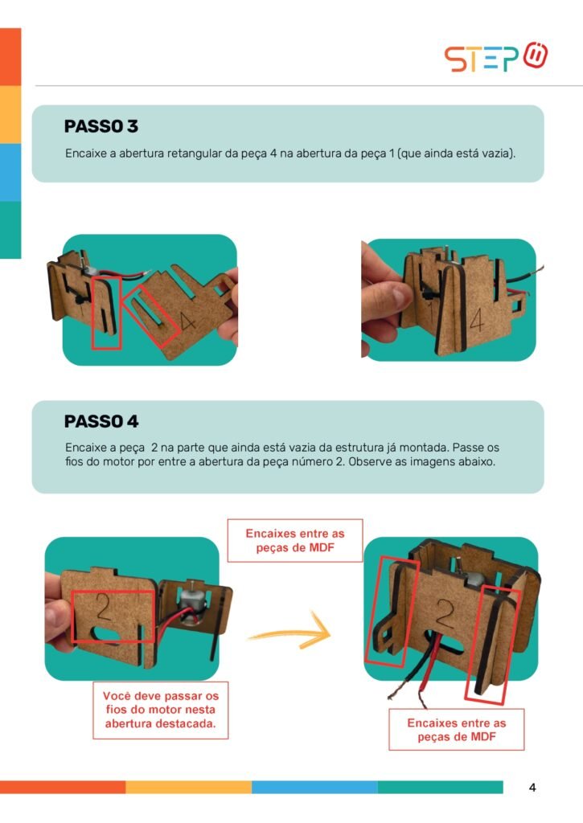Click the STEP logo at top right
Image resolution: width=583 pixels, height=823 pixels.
[x=496, y=57]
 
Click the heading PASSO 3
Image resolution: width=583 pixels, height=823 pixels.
[x=101, y=126]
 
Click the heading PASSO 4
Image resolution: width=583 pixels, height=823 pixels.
[x=101, y=421]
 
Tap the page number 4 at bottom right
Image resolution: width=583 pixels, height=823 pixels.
[x=532, y=788]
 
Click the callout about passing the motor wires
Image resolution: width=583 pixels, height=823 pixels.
[x=161, y=710]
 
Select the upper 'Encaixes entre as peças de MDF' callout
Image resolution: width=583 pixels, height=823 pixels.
[x=294, y=541]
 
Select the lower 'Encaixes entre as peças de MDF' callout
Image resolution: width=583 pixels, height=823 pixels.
[x=457, y=730]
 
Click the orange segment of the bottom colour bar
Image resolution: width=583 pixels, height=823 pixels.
[x=63, y=787]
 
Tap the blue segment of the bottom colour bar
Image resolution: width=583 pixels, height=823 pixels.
[x=314, y=787]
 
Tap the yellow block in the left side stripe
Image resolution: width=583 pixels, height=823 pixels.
[x=10, y=114]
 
